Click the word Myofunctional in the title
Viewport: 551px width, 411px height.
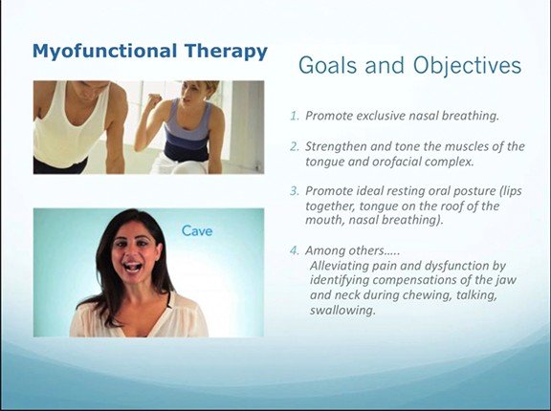[104, 52]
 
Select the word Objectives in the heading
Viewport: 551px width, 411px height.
[467, 66]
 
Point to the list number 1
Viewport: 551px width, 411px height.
[294, 116]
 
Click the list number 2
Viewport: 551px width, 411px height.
[295, 146]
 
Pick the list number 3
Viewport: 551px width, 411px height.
[295, 191]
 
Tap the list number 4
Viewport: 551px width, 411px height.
[295, 250]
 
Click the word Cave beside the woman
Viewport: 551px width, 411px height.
[197, 231]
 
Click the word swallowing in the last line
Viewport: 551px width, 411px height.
[342, 311]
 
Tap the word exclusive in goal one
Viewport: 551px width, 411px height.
[378, 116]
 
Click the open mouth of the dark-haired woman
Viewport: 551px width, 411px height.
[134, 267]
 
